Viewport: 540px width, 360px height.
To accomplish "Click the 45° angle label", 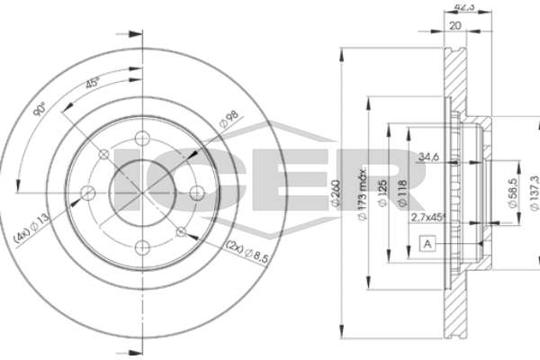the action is click(92, 83).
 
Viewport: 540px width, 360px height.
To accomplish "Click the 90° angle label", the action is click(40, 109).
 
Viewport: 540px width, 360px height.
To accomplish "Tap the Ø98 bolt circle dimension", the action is click(229, 119).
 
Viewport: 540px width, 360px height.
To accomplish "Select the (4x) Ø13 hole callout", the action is click(31, 228).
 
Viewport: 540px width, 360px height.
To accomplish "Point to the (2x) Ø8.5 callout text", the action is click(247, 252).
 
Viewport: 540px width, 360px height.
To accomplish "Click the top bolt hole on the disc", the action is click(142, 139).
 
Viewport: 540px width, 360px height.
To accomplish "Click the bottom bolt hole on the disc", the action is click(142, 247).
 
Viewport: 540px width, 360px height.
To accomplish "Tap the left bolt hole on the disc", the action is click(87, 193).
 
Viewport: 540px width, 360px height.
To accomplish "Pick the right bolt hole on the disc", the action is click(196, 193).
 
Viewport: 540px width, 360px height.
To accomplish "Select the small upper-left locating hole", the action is click(103, 154).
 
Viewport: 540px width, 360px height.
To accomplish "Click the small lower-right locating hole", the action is click(181, 232).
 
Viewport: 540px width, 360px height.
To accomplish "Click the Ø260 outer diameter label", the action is click(335, 193).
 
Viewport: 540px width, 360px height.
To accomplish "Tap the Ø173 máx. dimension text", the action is click(363, 194).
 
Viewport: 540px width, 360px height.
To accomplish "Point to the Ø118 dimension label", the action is click(402, 193).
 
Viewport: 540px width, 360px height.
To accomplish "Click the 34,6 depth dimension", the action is click(428, 157).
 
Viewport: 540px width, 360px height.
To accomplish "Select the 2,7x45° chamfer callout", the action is click(428, 217).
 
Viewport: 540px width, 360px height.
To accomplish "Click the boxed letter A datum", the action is click(427, 244).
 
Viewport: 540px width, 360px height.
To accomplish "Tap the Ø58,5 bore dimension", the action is click(513, 193).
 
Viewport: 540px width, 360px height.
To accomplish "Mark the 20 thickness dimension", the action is click(455, 25).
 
